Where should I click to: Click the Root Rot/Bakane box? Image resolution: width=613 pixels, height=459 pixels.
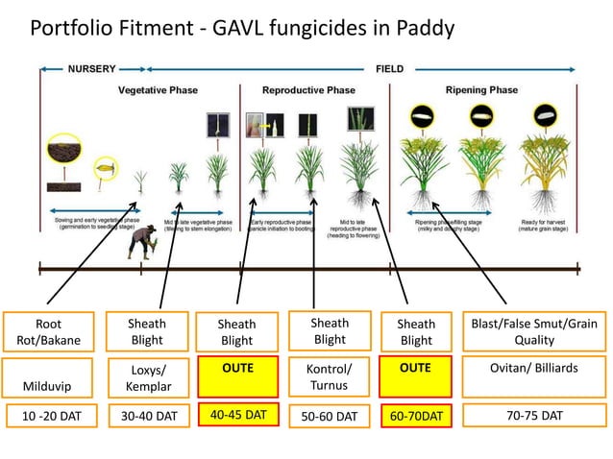pyautogui.click(x=48, y=331)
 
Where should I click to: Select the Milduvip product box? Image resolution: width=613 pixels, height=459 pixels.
pyautogui.click(x=48, y=376)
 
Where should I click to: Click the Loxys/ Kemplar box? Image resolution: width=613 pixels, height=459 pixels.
pyautogui.click(x=146, y=376)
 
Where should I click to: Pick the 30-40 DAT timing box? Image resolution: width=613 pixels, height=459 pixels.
pyautogui.click(x=146, y=417)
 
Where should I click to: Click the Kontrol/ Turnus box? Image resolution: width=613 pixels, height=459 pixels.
pyautogui.click(x=329, y=376)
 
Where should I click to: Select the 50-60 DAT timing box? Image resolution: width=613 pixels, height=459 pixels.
pyautogui.click(x=329, y=417)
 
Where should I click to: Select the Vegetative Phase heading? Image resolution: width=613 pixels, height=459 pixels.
pyautogui.click(x=159, y=90)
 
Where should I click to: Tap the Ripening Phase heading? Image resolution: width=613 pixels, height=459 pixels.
pyautogui.click(x=484, y=90)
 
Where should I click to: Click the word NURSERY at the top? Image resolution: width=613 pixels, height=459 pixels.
pyautogui.click(x=92, y=69)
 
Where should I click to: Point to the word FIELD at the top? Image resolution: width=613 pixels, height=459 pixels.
pyautogui.click(x=388, y=69)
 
